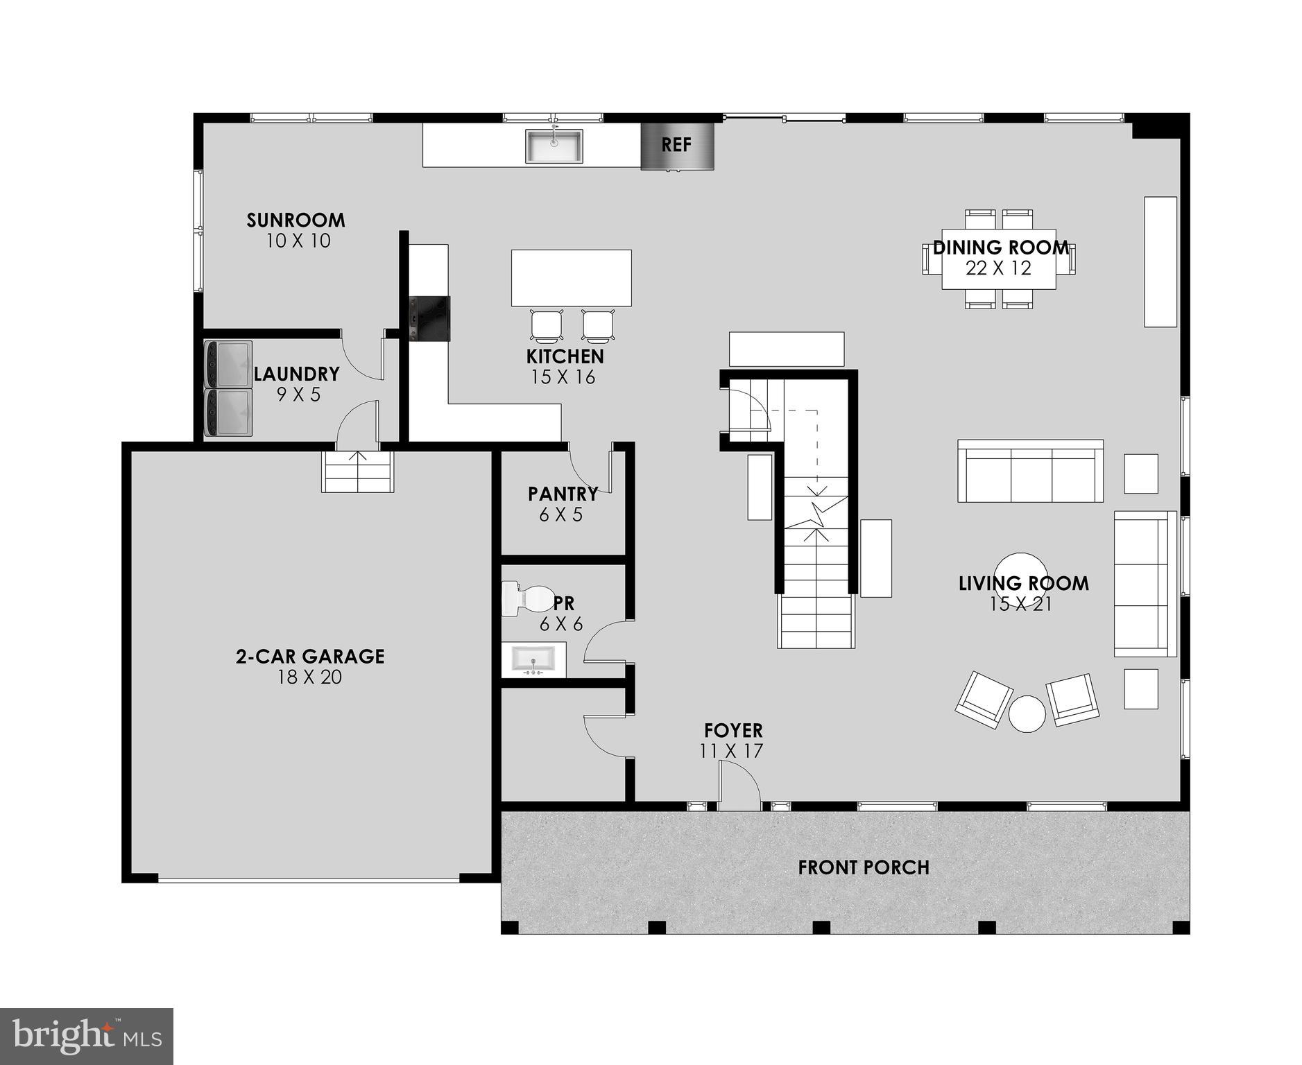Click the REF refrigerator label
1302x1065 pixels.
pyautogui.click(x=676, y=145)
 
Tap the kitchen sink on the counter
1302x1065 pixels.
pyautogui.click(x=554, y=146)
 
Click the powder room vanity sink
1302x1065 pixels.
pyautogui.click(x=533, y=659)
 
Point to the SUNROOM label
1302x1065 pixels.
pyautogui.click(x=295, y=220)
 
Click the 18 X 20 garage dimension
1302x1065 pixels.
pyautogui.click(x=309, y=677)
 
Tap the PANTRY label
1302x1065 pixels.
pyautogui.click(x=563, y=494)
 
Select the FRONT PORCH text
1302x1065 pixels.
pyautogui.click(x=863, y=867)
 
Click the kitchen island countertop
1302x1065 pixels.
pyautogui.click(x=571, y=277)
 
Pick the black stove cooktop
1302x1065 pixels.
pyautogui.click(x=429, y=318)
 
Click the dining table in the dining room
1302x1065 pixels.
pyautogui.click(x=998, y=259)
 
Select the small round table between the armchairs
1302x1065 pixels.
pyautogui.click(x=1027, y=713)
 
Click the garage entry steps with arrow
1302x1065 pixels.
pyautogui.click(x=357, y=471)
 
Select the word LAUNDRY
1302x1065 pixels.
pyautogui.click(x=296, y=374)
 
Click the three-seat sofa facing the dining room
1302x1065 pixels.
pyautogui.click(x=1029, y=471)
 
